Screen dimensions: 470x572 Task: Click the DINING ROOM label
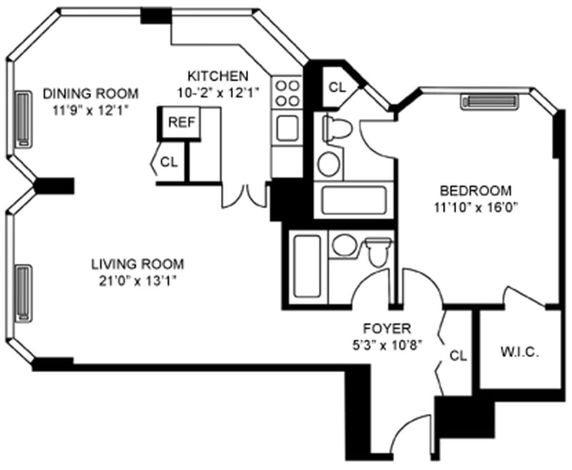click(90, 94)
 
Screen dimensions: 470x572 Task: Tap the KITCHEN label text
click(217, 76)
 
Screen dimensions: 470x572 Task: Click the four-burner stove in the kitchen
click(287, 92)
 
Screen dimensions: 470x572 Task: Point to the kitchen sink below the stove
click(287, 128)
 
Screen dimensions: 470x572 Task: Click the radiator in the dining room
click(21, 119)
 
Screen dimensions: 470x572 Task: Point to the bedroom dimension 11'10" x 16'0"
click(475, 208)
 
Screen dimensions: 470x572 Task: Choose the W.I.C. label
click(519, 353)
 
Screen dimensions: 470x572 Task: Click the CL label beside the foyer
click(458, 355)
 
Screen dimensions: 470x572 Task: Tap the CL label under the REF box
click(169, 162)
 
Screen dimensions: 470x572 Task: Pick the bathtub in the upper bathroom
click(353, 199)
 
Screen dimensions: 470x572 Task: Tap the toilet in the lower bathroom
click(377, 250)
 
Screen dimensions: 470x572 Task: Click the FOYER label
click(386, 328)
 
